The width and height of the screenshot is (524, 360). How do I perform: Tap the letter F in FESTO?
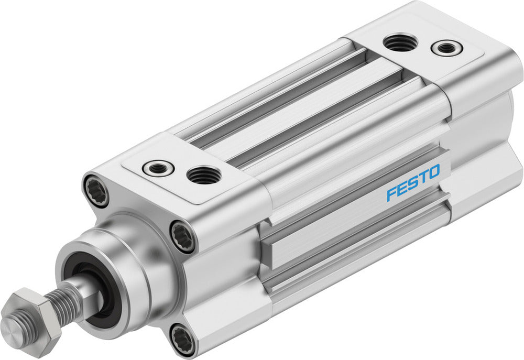[390, 194]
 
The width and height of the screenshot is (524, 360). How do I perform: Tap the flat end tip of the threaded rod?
[12, 330]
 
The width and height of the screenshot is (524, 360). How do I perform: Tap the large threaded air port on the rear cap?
[401, 42]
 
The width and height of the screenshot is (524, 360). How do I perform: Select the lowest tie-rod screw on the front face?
[182, 340]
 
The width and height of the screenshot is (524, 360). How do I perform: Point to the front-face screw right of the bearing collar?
[183, 236]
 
